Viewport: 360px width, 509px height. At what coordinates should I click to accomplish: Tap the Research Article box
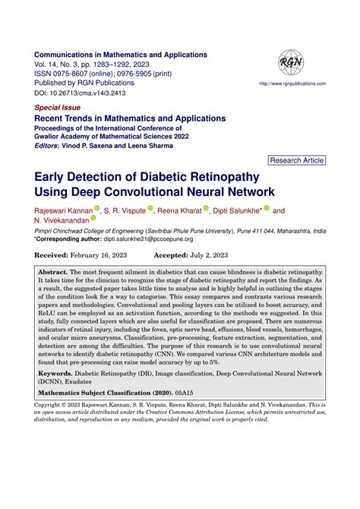click(297, 160)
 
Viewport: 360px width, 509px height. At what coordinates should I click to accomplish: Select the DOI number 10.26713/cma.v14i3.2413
click(94, 93)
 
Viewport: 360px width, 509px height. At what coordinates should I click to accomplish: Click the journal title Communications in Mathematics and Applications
click(122, 55)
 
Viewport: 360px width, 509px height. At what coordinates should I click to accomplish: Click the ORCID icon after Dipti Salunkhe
click(266, 210)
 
